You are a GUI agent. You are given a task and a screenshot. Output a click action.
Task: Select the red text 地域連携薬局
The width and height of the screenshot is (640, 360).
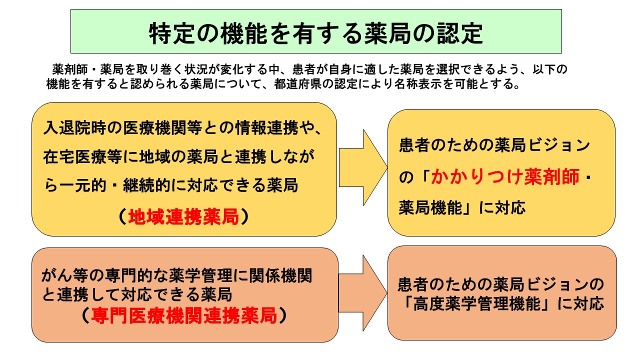pyautogui.click(x=183, y=217)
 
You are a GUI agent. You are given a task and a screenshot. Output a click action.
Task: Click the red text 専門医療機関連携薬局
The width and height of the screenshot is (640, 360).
pyautogui.click(x=184, y=315)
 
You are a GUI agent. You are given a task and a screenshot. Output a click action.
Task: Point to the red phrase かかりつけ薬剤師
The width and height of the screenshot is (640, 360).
pyautogui.click(x=505, y=177)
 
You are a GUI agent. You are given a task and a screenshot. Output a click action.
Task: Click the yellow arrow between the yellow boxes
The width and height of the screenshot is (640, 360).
pyautogui.click(x=363, y=167)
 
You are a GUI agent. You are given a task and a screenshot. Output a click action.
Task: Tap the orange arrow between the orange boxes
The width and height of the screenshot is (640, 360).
pyautogui.click(x=363, y=293)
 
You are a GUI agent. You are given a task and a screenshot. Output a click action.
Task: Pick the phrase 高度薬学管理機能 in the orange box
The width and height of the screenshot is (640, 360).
pyautogui.click(x=477, y=303)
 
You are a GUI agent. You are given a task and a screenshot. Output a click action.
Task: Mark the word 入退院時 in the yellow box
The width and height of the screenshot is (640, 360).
pyautogui.click(x=74, y=127)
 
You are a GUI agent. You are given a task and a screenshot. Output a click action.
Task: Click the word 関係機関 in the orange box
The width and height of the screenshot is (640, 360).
pyautogui.click(x=280, y=275)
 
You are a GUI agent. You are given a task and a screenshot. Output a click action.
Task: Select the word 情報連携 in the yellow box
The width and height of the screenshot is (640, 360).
pyautogui.click(x=267, y=127)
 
